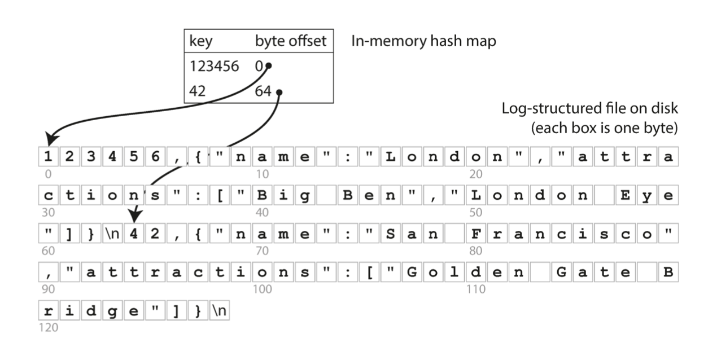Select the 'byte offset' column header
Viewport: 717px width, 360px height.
(x=291, y=42)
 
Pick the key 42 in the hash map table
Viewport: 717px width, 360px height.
(x=198, y=91)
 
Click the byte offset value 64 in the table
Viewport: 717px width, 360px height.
(x=263, y=91)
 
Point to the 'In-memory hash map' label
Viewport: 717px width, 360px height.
(x=424, y=41)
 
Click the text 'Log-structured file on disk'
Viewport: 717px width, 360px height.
(x=589, y=108)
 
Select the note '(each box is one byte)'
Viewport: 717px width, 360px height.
(x=604, y=128)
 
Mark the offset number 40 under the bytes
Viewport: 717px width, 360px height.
(x=263, y=212)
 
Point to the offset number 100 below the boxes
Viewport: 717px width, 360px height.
(x=263, y=289)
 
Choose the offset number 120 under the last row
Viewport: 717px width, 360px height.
(x=48, y=327)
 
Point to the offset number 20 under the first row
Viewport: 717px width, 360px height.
(x=476, y=174)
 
